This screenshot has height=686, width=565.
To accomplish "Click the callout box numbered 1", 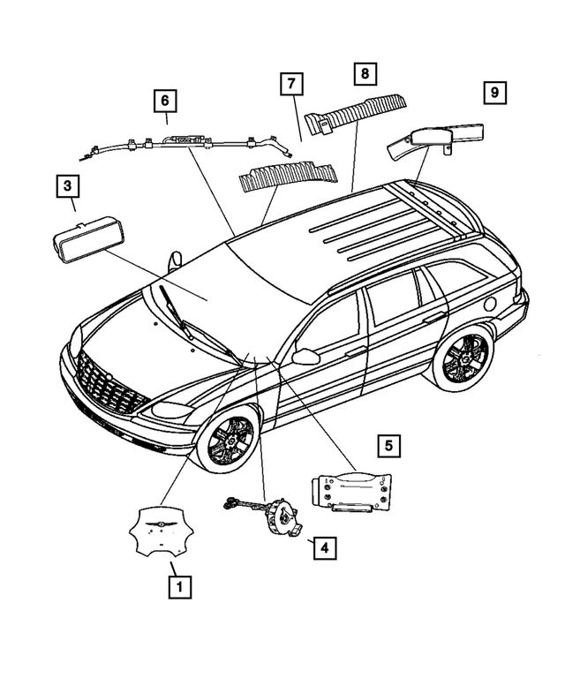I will (179, 584).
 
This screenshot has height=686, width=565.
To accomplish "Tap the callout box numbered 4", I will (324, 548).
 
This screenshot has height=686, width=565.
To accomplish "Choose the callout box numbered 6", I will (163, 101).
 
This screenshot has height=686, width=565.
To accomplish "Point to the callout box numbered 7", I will (291, 85).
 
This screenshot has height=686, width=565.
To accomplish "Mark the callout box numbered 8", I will (363, 74).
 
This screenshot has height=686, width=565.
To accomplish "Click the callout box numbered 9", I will (495, 92).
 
